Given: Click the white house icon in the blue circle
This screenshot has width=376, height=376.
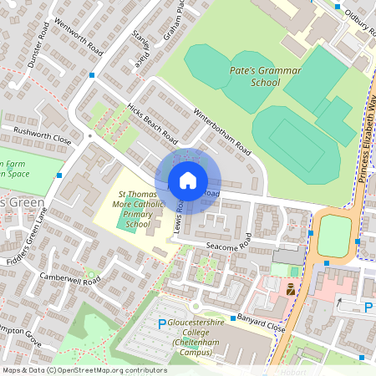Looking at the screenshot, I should click(188, 180).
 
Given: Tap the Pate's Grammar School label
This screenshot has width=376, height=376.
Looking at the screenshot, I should click(265, 77).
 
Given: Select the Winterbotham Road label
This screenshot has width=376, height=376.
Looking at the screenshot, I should click(221, 132).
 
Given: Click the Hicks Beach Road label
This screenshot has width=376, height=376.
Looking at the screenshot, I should click(152, 124).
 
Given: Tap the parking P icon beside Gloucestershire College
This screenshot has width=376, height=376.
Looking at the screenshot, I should click(162, 324).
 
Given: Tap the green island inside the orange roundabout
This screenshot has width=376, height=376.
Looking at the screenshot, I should click(333, 236).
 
